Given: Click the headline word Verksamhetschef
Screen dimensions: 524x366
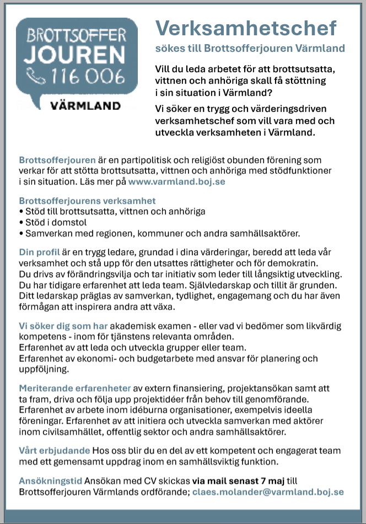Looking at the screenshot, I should [246, 28].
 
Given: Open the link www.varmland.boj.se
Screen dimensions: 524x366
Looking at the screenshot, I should [176, 181].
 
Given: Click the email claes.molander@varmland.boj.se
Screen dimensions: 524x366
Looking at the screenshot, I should [268, 492].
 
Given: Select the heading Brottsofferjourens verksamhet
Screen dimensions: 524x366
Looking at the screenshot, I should [88, 201].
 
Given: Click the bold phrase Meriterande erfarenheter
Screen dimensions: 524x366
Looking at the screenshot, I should [75, 387].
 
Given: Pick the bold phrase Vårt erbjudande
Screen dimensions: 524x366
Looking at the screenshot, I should [55, 450].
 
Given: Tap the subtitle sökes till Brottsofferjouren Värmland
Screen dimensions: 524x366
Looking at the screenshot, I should [250, 48].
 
